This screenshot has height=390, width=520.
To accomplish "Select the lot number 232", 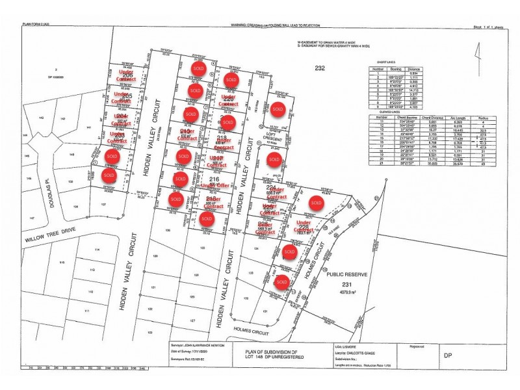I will tap(319, 68).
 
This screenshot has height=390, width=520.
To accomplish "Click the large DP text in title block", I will tap(447, 356).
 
